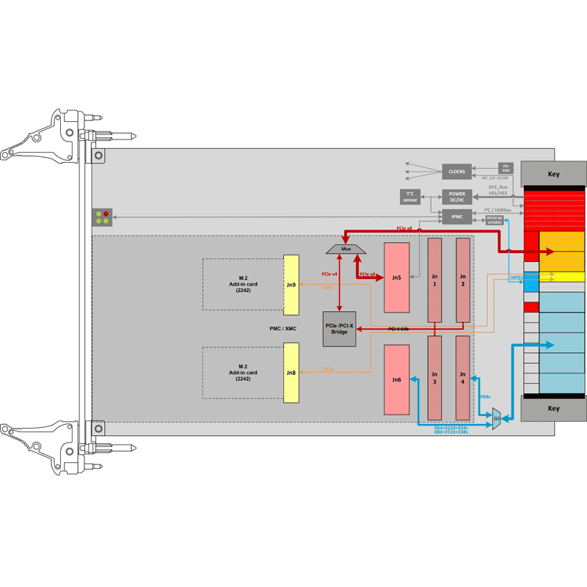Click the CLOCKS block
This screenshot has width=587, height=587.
point(456,172)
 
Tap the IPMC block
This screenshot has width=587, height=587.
point(456,217)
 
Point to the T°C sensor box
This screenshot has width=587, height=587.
point(409,197)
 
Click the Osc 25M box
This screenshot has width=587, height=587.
point(505,168)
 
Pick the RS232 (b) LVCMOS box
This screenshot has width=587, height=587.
point(498,219)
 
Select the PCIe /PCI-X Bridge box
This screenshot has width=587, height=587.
point(339,329)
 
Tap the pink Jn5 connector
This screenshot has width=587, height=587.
point(396,278)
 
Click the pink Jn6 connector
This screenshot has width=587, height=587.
point(396,379)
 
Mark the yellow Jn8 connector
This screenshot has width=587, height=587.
point(291,373)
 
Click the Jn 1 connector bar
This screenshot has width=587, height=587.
point(434,280)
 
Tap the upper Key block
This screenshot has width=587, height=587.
point(553,175)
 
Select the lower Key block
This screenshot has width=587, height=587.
point(553,408)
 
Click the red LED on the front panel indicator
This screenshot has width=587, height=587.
point(106,214)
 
